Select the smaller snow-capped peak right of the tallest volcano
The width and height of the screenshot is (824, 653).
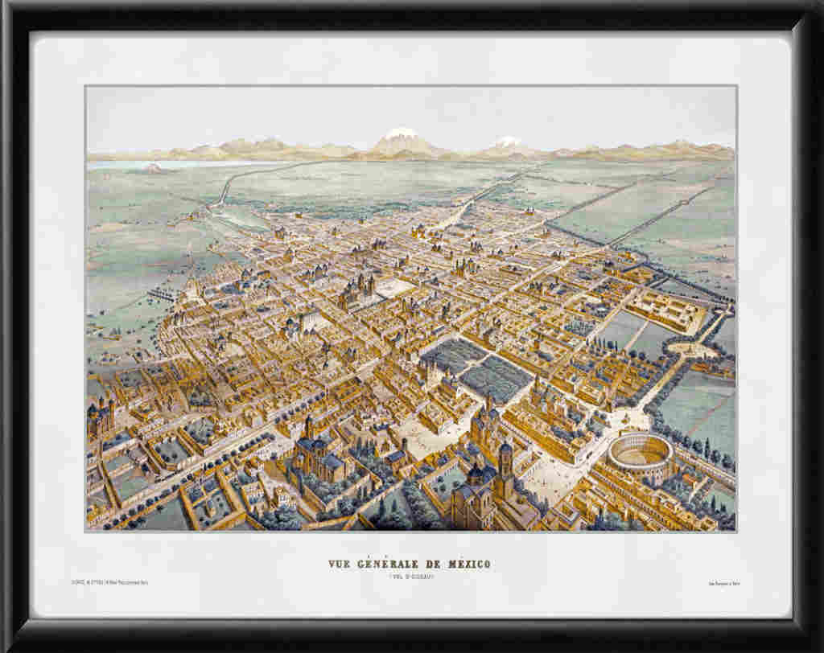(507, 143)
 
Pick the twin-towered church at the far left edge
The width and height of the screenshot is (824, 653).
(100, 418)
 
